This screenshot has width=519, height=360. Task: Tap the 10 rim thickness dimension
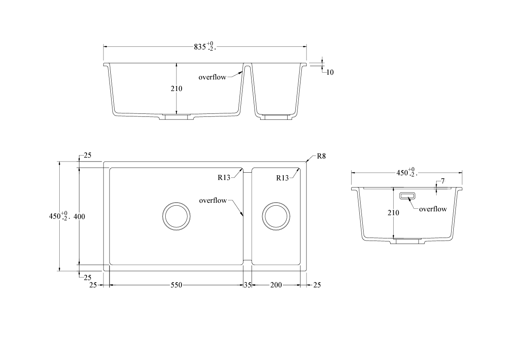pyautogui.click(x=329, y=72)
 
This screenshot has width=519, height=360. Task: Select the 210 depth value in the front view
pyautogui.click(x=176, y=88)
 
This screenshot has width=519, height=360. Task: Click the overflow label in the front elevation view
pyautogui.click(x=212, y=77)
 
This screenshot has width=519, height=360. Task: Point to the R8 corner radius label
pyautogui.click(x=321, y=156)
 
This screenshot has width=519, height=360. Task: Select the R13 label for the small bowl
pyautogui.click(x=282, y=178)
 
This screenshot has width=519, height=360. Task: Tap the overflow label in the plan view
pyautogui.click(x=213, y=201)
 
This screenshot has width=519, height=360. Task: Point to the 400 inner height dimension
pyautogui.click(x=79, y=217)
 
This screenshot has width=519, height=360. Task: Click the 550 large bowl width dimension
pyautogui.click(x=176, y=285)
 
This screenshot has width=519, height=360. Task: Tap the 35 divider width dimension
pyautogui.click(x=247, y=285)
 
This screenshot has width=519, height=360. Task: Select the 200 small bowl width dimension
pyautogui.click(x=276, y=285)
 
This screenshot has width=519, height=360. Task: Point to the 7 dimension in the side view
pyautogui.click(x=443, y=181)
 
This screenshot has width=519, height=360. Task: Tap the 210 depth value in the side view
pyautogui.click(x=393, y=212)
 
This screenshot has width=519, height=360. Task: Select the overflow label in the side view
pyautogui.click(x=433, y=209)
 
